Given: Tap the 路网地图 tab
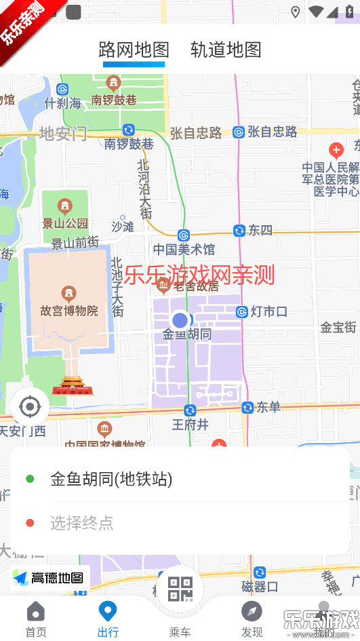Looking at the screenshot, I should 134,50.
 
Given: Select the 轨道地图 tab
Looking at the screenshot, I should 226,50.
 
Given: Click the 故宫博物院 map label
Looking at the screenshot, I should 68,311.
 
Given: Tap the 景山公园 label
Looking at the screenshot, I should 65,223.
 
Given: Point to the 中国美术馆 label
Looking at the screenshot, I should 184,249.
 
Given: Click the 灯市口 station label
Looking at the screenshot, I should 268,312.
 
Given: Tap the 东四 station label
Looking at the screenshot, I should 260,231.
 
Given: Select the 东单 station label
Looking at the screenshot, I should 268,407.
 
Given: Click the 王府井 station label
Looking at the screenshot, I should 189,425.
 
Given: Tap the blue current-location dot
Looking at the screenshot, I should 180,320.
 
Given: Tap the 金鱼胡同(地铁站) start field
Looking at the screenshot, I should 111,480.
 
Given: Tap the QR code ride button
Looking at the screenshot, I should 180,589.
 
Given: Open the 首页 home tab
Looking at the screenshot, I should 36,618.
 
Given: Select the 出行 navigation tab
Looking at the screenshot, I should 108,618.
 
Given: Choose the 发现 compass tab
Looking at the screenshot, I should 252,618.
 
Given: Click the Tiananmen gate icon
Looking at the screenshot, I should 72,385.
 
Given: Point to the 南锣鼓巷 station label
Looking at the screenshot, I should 129,143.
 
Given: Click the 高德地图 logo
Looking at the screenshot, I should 49,578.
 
